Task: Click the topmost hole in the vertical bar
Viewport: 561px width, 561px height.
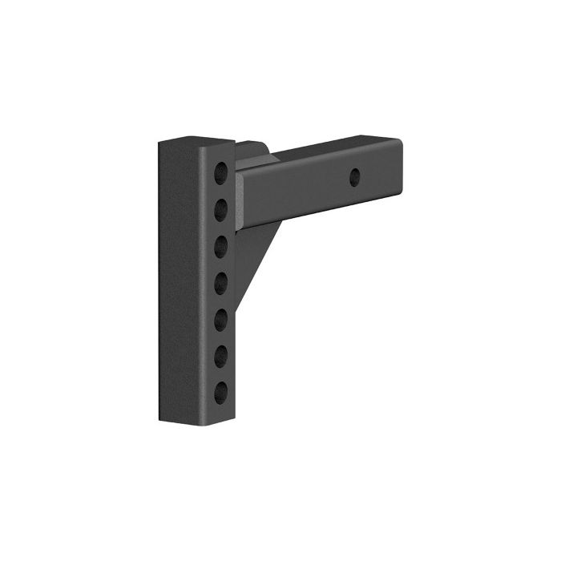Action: tap(220, 172)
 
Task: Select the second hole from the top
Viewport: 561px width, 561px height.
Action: tap(220, 210)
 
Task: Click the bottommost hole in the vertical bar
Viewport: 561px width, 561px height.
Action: tap(220, 391)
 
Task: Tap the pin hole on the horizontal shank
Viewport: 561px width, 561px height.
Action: tap(355, 177)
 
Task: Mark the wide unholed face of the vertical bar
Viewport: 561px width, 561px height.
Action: tap(183, 280)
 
